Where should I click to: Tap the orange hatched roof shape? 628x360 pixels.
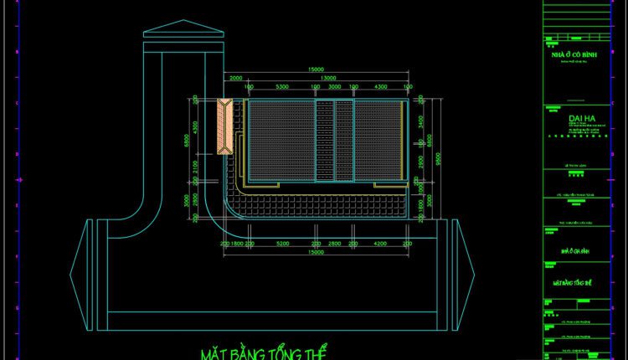225,126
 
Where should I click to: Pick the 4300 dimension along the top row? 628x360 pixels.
379,87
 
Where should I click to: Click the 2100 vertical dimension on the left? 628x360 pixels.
195,168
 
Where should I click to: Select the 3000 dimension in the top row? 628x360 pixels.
333,87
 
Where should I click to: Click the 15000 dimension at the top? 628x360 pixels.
316,69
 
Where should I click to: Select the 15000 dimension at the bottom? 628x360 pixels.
316,252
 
